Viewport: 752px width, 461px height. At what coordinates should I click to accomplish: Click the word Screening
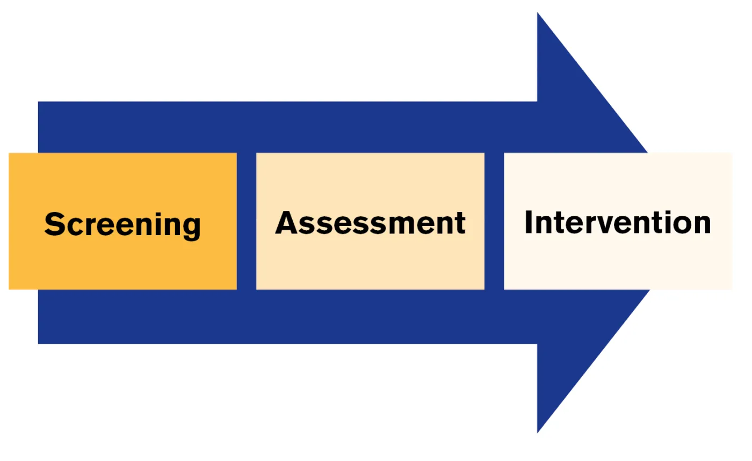(x=122, y=224)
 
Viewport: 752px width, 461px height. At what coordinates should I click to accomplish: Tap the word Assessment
(x=370, y=222)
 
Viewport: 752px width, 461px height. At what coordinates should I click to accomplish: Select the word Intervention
(x=618, y=222)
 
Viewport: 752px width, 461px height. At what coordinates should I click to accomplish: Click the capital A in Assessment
(x=287, y=222)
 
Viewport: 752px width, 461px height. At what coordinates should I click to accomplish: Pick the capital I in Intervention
(x=529, y=222)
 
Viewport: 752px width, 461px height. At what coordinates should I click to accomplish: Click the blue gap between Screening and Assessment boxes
(x=247, y=221)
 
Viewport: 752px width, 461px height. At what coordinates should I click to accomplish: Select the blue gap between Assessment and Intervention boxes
(x=494, y=221)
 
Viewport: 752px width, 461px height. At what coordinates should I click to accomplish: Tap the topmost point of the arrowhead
(x=538, y=13)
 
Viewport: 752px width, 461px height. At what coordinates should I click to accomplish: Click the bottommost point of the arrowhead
(x=538, y=433)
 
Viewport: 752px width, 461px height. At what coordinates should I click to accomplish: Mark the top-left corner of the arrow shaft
(x=39, y=102)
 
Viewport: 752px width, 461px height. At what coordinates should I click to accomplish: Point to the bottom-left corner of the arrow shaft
(x=39, y=343)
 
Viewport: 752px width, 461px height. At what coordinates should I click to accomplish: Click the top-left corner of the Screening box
(x=10, y=153)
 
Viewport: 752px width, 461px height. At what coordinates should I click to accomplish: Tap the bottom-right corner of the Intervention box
(x=731, y=289)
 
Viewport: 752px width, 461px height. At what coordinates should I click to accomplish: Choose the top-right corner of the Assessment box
(x=483, y=153)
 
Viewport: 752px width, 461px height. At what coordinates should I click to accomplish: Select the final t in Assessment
(x=460, y=223)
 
